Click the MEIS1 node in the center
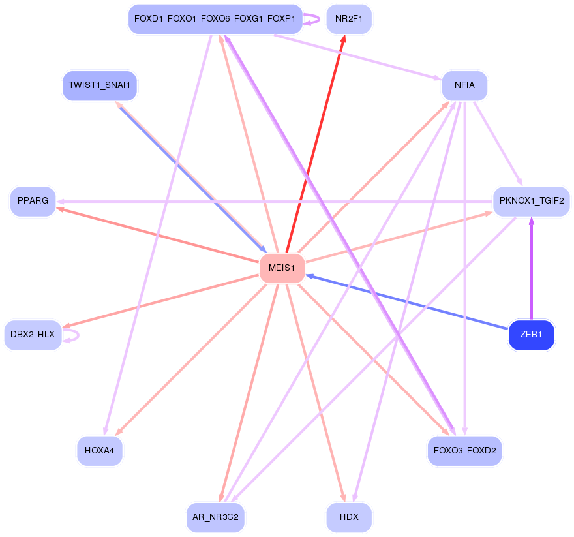tap(282, 268)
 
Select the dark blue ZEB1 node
tap(531, 335)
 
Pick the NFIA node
tap(464, 85)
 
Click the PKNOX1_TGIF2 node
tap(531, 201)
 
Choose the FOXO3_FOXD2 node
tap(464, 450)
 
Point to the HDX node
tap(349, 517)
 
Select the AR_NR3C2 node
tap(215, 517)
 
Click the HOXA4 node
tap(100, 450)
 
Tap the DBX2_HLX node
tap(33, 335)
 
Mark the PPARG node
tap(33, 201)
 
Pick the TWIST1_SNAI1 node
tap(100, 85)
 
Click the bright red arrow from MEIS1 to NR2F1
tap(315, 144)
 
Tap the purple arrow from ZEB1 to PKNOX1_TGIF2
tap(531, 268)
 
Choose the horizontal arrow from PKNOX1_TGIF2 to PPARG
tap(274, 201)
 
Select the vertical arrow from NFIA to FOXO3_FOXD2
tap(464, 268)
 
